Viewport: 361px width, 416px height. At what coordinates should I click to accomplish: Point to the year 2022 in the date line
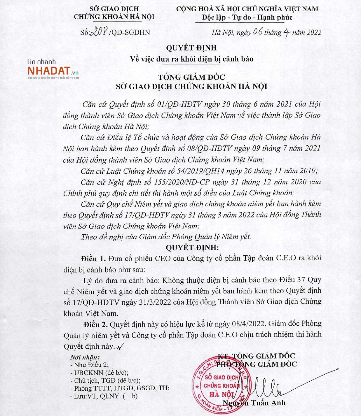point(313,32)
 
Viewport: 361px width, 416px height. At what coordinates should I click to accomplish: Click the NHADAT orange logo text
point(49,71)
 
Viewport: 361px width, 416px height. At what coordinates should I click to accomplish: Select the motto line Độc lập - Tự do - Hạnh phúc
point(247,17)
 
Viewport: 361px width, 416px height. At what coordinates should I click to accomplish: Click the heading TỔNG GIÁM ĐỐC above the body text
point(191,77)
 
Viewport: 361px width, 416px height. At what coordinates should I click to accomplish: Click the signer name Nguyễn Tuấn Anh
point(254,403)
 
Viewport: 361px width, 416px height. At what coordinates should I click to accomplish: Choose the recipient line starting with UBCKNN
point(99,373)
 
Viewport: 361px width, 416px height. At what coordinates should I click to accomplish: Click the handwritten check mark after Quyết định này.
point(120,347)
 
